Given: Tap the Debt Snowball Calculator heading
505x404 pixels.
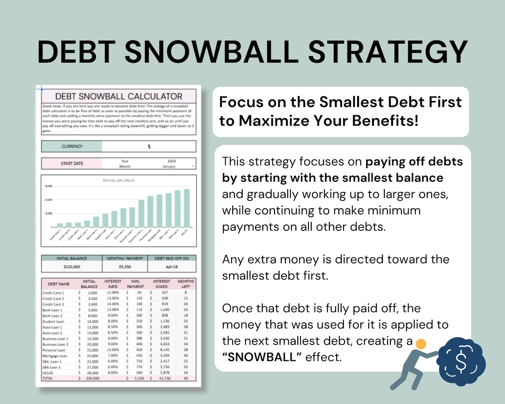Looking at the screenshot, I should click(119, 96).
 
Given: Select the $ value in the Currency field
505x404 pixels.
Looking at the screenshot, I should click(149, 147).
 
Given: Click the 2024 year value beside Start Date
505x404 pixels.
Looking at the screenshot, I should click(171, 161).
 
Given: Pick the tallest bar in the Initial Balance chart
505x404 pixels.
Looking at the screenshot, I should click(187, 208).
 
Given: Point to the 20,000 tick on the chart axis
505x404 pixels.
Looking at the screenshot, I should click(48, 200).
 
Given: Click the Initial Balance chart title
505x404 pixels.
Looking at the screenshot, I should click(118, 180).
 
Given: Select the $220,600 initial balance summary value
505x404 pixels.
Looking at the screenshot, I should click(72, 267).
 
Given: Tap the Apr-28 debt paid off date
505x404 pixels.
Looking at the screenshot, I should click(171, 267).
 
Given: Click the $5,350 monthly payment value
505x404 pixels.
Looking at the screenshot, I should click(125, 267).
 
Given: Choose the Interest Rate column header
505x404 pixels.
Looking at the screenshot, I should click(113, 284).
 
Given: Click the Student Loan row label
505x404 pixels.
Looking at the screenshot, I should click(53, 322).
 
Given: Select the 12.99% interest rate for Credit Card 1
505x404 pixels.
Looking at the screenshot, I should click(113, 292).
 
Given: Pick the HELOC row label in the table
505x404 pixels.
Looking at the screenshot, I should click(48, 373).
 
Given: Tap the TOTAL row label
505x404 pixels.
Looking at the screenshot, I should click(47, 379).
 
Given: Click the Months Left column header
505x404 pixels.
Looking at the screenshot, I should click(186, 284).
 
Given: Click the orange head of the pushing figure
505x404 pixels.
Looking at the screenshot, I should click(421, 344).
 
